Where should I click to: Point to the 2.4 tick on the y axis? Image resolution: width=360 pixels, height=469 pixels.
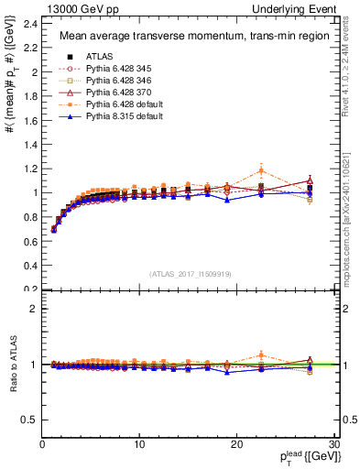[29, 23]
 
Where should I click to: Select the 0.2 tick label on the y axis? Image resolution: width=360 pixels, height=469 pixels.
[29, 289]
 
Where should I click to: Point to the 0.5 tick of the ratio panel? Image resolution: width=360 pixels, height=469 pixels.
[29, 420]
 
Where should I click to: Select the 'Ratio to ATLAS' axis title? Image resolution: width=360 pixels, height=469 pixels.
[12, 364]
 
